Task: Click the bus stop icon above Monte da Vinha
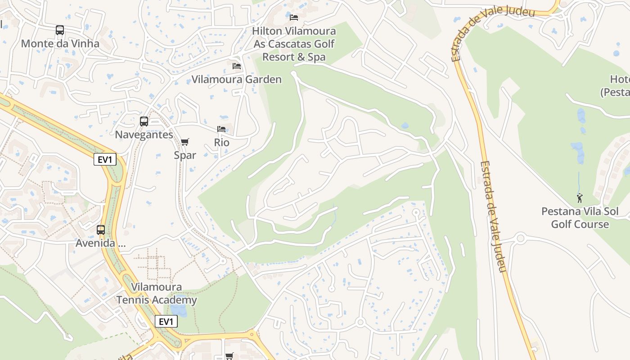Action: point(60,30)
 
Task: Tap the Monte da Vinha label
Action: point(60,44)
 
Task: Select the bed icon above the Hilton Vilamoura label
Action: point(294,18)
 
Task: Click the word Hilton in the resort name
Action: point(267,31)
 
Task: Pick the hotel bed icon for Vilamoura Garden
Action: point(237,66)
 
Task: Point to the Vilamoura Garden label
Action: point(237,80)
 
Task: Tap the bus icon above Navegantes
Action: point(144,121)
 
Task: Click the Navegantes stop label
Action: point(144,135)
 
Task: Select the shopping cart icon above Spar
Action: point(184,142)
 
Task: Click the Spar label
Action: point(185,155)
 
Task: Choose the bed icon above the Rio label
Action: point(221,129)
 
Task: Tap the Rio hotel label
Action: point(221,143)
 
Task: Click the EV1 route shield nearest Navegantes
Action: point(105,159)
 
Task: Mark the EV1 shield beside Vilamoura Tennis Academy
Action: point(166,321)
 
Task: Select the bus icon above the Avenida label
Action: point(101,230)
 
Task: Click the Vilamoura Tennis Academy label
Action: point(157,293)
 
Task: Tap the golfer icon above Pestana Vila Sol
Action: point(580,198)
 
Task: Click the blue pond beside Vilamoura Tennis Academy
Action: point(179,310)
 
